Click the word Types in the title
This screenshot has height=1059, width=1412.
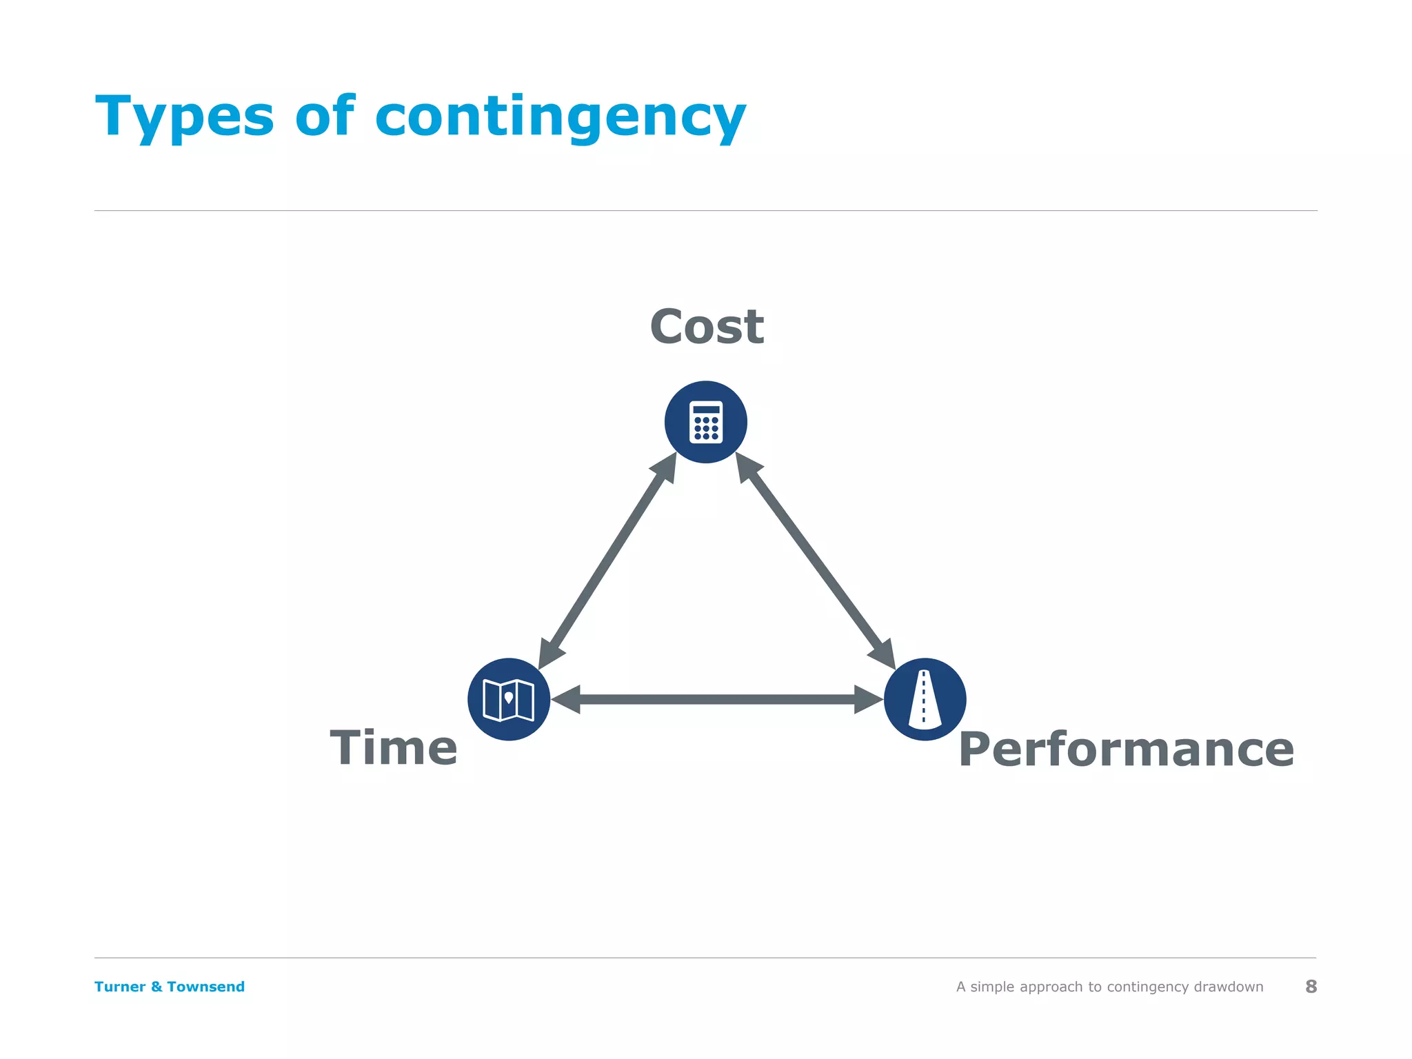click(x=184, y=117)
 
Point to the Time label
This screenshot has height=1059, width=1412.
click(x=394, y=748)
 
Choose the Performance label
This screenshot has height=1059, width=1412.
click(x=1126, y=749)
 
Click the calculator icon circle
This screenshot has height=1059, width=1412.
click(x=706, y=422)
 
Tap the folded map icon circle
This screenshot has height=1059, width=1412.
click(x=509, y=699)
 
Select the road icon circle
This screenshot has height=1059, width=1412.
click(x=925, y=699)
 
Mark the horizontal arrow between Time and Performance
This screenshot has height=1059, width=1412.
click(x=717, y=699)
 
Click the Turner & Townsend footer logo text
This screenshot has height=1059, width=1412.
click(x=170, y=987)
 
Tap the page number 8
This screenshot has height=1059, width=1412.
click(x=1311, y=987)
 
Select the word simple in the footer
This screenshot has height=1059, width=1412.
click(x=993, y=987)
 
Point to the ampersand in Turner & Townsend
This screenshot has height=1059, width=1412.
click(x=157, y=987)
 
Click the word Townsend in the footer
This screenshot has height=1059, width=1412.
click(x=205, y=987)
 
